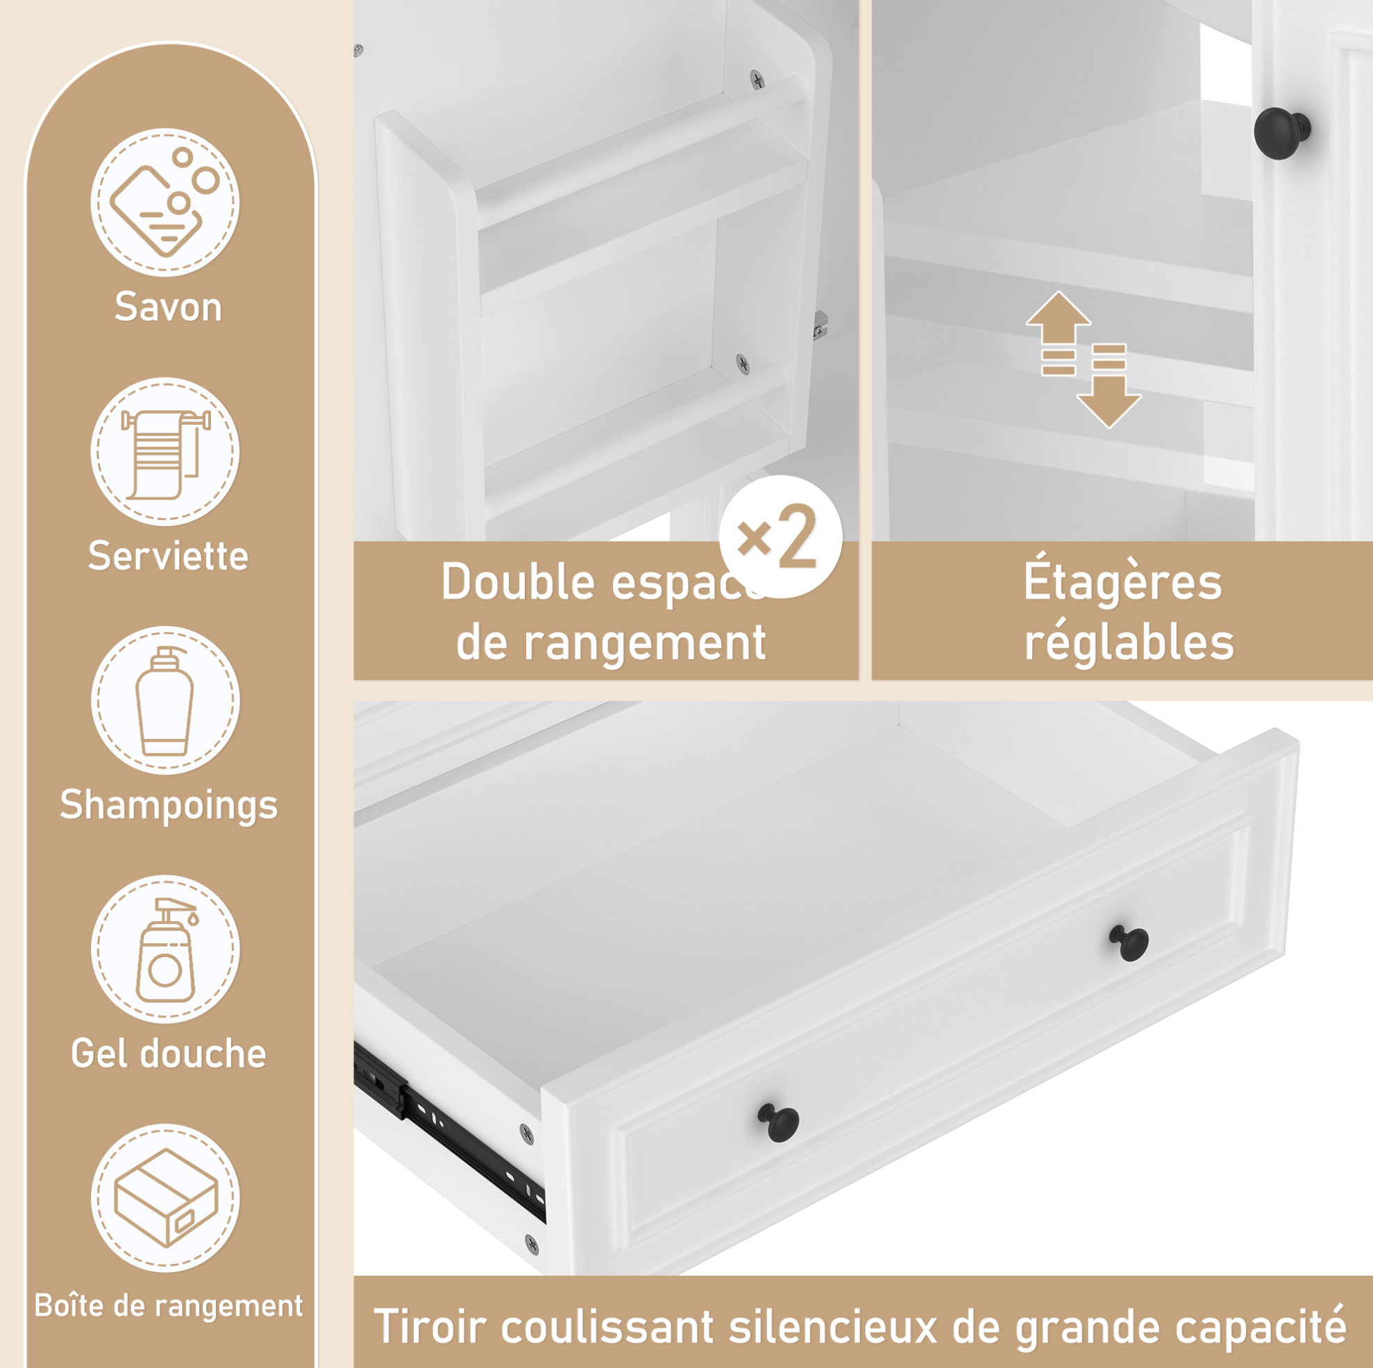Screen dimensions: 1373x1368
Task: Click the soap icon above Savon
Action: pyautogui.click(x=165, y=203)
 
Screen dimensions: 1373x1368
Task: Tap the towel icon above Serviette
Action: pyautogui.click(x=165, y=451)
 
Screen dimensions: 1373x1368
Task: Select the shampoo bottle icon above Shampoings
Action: pyautogui.click(x=165, y=700)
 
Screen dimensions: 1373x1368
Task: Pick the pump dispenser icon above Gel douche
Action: pyautogui.click(x=165, y=949)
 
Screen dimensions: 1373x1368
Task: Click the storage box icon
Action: pyautogui.click(x=165, y=1197)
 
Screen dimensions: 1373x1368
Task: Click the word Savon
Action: pyautogui.click(x=169, y=307)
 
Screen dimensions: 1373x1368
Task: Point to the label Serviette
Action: pyautogui.click(x=169, y=556)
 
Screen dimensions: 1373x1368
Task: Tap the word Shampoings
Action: pyautogui.click(x=169, y=806)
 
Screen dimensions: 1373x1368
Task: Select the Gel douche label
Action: pyautogui.click(x=169, y=1053)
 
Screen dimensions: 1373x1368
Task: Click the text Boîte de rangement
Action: pyautogui.click(x=169, y=1306)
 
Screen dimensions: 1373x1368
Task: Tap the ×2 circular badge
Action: pyautogui.click(x=780, y=537)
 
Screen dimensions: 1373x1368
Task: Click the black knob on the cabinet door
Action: pyautogui.click(x=1281, y=133)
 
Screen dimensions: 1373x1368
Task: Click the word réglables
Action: pyautogui.click(x=1129, y=643)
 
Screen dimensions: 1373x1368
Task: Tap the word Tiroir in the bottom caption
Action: pyautogui.click(x=437, y=1326)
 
